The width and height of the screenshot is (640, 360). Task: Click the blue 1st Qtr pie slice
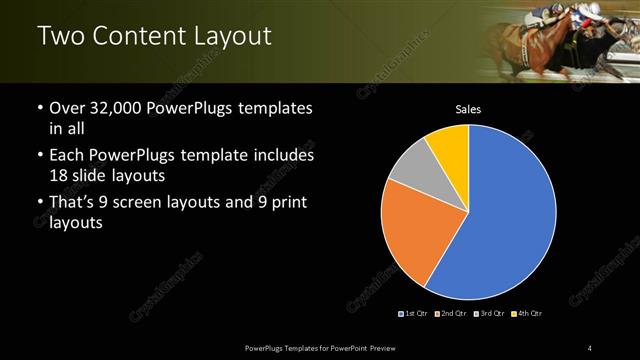click(500, 220)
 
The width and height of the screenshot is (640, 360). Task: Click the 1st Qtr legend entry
click(413, 314)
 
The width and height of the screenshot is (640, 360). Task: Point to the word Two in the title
click(60, 36)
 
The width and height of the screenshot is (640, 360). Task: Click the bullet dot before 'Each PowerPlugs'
click(39, 156)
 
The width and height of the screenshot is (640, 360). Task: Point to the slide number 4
click(589, 347)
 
